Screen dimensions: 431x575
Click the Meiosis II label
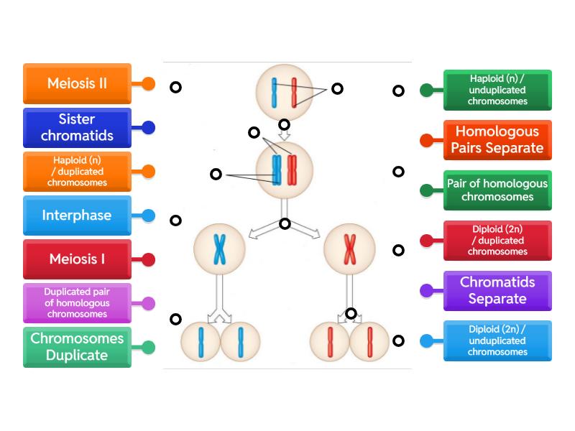pyautogui.click(x=77, y=83)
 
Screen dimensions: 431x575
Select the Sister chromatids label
pyautogui.click(x=77, y=128)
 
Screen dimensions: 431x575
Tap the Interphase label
pyautogui.click(x=77, y=215)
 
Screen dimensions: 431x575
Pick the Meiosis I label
pyautogui.click(x=77, y=259)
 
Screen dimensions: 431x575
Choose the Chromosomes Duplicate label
pyautogui.click(x=77, y=347)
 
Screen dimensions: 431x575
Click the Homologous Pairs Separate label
pyautogui.click(x=497, y=140)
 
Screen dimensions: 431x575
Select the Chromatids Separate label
pyautogui.click(x=497, y=291)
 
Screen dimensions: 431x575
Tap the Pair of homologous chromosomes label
pyautogui.click(x=497, y=190)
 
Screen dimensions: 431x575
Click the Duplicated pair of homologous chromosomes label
pyautogui.click(x=77, y=303)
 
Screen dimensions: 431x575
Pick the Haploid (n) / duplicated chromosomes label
pyautogui.click(x=77, y=172)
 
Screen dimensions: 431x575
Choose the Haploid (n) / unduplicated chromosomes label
pyautogui.click(x=497, y=90)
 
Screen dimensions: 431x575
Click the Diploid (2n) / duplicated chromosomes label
pyautogui.click(x=497, y=241)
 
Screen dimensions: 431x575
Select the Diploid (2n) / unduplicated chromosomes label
pyautogui.click(x=497, y=341)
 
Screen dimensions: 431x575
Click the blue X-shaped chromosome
pyautogui.click(x=219, y=249)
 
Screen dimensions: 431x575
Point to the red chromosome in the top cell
pyautogui.click(x=293, y=92)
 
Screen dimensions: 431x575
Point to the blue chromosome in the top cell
pyautogui.click(x=274, y=92)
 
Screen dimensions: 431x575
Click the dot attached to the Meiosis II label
pyautogui.click(x=149, y=83)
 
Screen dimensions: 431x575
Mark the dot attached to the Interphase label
pyautogui.click(x=149, y=215)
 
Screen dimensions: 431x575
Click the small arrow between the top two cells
pyautogui.click(x=285, y=134)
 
